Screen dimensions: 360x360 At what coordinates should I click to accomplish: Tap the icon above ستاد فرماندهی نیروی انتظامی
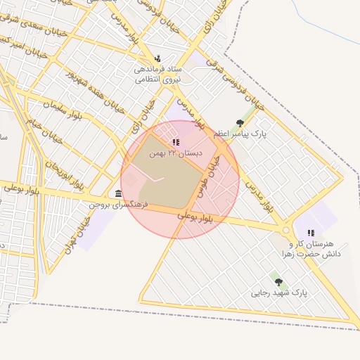click(157, 58)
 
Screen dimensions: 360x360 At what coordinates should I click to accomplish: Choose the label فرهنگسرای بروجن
click(112, 204)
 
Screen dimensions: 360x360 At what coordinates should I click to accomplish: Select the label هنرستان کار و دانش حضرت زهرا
click(309, 248)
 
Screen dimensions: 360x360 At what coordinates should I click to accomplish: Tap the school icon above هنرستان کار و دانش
click(311, 233)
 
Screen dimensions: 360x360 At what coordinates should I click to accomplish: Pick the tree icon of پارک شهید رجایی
click(278, 282)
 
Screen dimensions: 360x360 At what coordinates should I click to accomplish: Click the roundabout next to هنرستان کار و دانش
click(286, 230)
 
